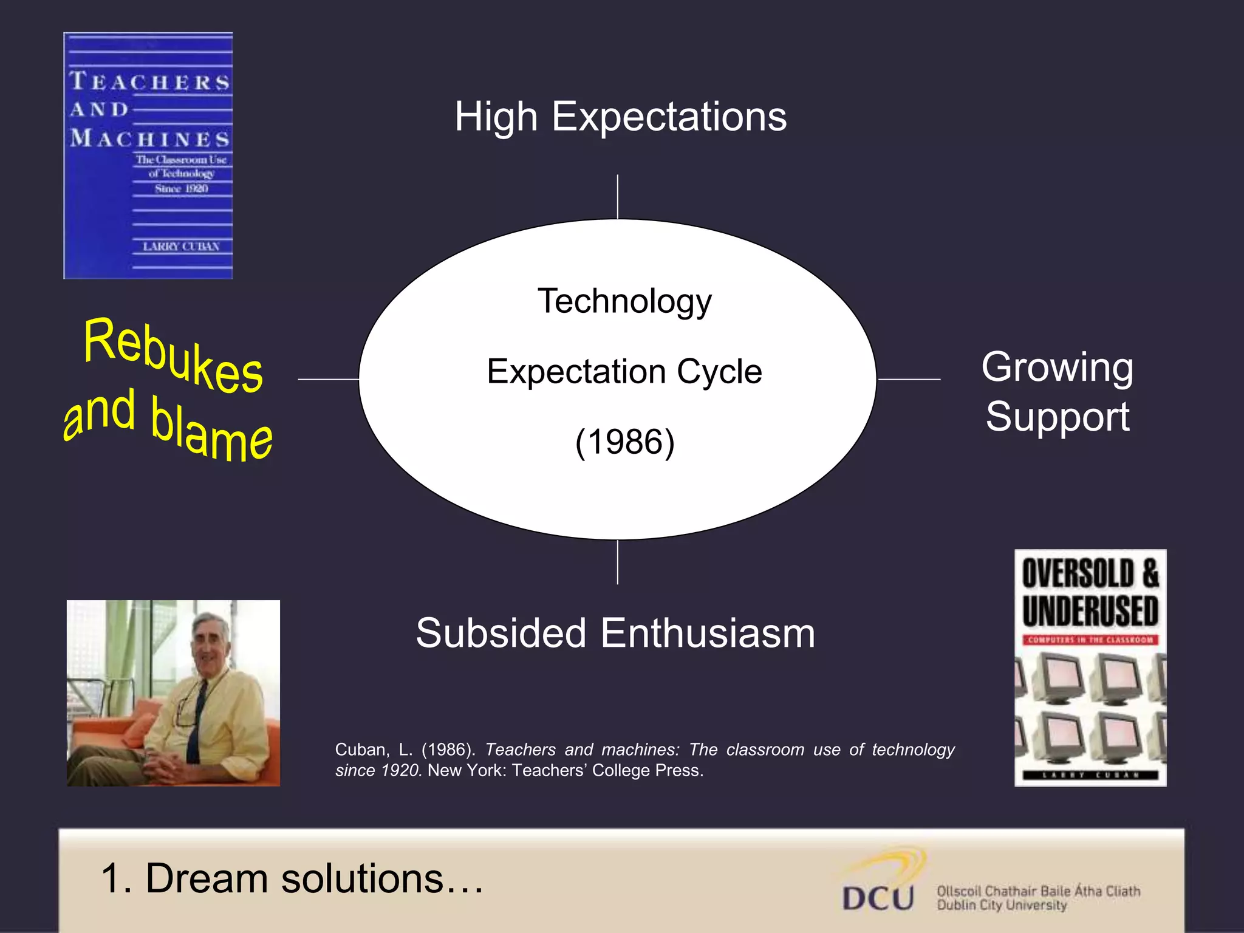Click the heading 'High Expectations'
click(620, 117)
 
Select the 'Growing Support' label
click(1057, 392)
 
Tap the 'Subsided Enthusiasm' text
click(615, 633)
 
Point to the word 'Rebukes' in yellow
click(173, 355)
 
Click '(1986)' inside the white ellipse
click(624, 442)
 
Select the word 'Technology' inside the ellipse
click(624, 301)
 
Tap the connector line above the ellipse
click(618, 197)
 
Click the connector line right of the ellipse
click(909, 379)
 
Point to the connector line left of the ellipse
click(328, 379)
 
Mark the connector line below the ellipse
click(618, 562)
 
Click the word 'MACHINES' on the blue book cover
click(150, 139)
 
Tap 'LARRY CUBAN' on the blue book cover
click(181, 247)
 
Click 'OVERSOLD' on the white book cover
click(1078, 573)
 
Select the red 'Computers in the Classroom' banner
click(1090, 640)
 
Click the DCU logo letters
click(878, 898)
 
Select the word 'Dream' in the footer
click(207, 878)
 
